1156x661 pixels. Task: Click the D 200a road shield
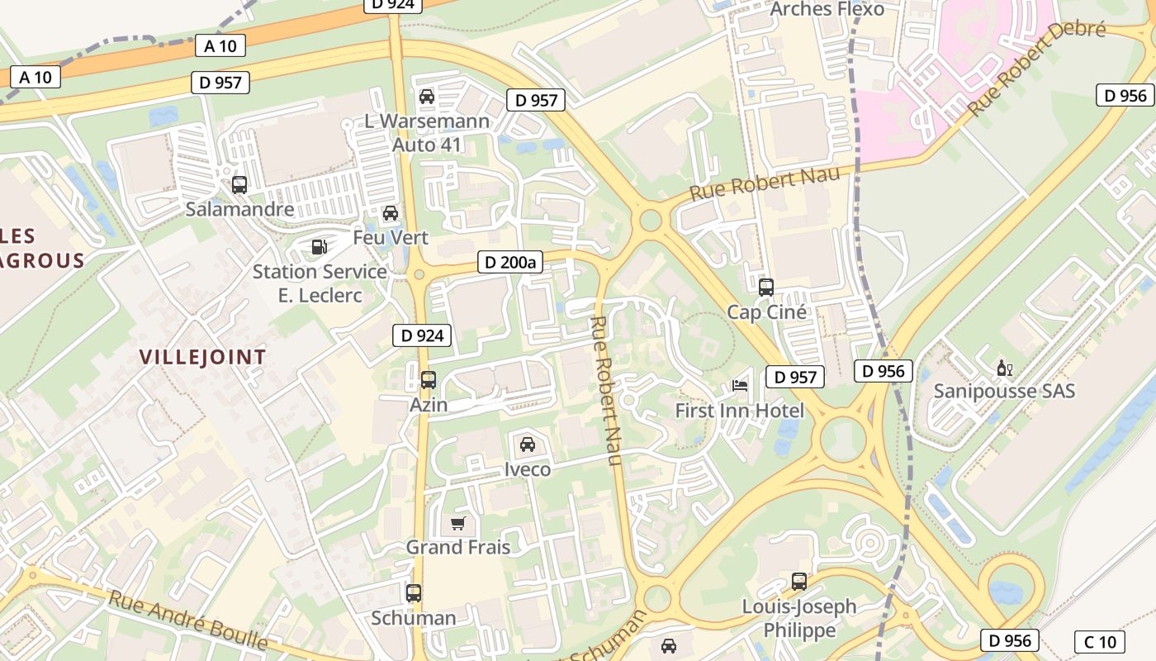(509, 263)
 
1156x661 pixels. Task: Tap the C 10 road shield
(1099, 641)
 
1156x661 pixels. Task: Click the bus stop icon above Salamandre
(239, 185)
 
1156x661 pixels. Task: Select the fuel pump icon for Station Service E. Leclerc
(318, 246)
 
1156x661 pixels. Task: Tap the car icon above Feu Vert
(391, 213)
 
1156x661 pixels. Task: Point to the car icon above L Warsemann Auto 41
(427, 97)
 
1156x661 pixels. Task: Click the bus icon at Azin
(429, 380)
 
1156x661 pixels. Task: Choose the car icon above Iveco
(528, 445)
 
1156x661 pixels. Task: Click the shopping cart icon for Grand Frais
(458, 523)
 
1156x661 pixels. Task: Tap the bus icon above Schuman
(414, 593)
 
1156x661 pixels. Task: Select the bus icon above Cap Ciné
(766, 288)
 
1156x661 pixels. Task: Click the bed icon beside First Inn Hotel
(740, 386)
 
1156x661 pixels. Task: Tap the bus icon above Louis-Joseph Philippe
(799, 582)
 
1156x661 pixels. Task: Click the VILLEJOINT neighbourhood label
(202, 357)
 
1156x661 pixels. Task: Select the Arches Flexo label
(827, 9)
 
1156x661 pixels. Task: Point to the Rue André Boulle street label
(188, 620)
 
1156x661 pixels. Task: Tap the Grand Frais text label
(457, 547)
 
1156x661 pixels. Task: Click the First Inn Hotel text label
(739, 411)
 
